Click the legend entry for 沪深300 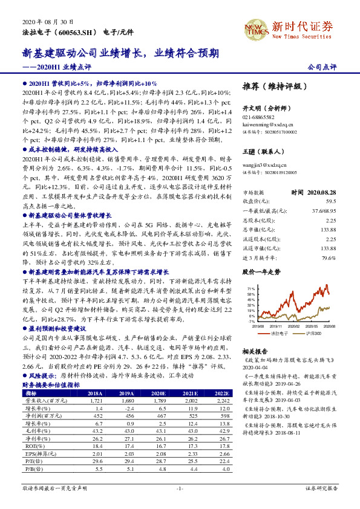click(x=312, y=333)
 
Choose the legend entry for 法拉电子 click(x=276, y=333)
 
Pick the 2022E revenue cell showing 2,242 click(x=222, y=383)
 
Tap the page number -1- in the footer click(x=180, y=488)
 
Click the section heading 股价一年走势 click(x=262, y=272)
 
